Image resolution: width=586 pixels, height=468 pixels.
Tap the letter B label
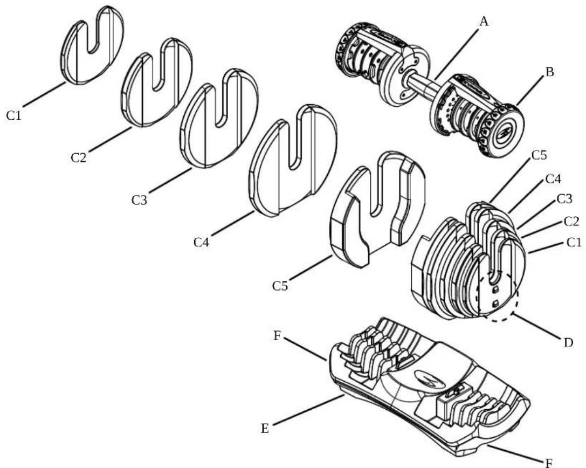pos(549,72)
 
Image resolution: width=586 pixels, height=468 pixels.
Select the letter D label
pos(568,342)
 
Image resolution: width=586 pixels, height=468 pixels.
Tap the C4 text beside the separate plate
pos(203,242)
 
